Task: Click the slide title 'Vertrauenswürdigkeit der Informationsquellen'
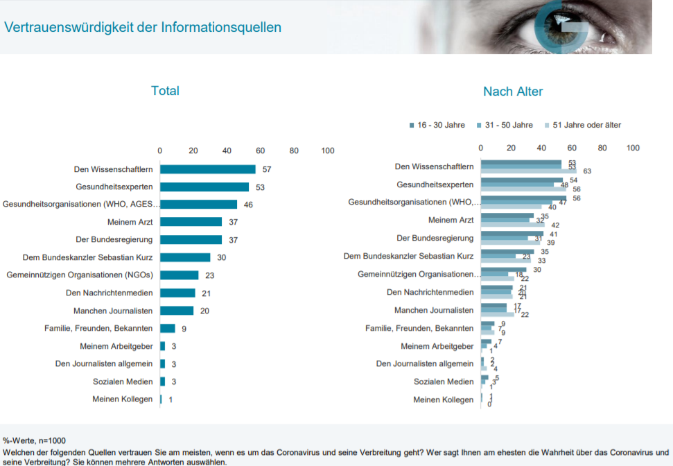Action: [x=143, y=28]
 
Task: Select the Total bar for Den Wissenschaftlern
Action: [x=207, y=169]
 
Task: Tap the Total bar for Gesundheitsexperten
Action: [x=204, y=187]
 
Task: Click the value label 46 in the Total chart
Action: [x=248, y=205]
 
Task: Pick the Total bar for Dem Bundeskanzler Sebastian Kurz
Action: [x=184, y=257]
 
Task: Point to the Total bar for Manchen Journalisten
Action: [x=176, y=311]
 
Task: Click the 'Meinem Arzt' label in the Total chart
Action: [x=130, y=222]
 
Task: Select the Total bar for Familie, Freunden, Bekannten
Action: [x=167, y=329]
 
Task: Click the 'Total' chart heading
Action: [x=165, y=91]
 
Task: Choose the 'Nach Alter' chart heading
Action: [x=513, y=92]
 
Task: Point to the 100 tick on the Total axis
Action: [x=328, y=150]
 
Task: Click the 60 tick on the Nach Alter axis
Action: [x=572, y=148]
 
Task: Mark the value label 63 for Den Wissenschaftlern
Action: [x=587, y=171]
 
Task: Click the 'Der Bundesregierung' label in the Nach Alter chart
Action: [x=435, y=238]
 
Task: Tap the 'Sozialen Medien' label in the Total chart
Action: [x=123, y=381]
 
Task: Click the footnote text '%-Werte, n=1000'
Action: [x=34, y=440]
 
